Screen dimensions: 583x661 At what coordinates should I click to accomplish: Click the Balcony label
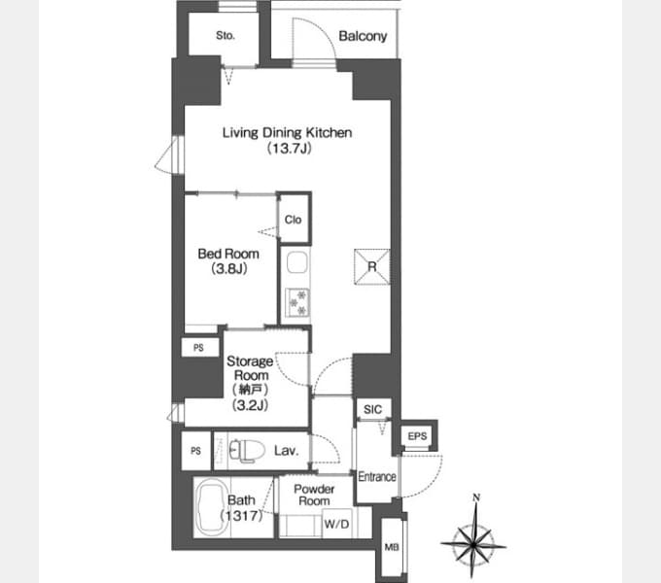click(x=363, y=37)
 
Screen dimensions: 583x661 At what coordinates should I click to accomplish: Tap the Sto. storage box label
click(x=226, y=37)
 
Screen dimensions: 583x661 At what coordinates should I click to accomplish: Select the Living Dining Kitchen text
click(x=287, y=133)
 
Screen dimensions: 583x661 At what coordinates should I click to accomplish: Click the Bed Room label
click(x=228, y=254)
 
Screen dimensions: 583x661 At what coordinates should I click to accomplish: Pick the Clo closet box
click(x=293, y=220)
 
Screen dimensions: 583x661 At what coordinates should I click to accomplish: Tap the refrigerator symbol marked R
click(x=371, y=266)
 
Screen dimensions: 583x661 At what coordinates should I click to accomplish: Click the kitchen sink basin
click(x=296, y=263)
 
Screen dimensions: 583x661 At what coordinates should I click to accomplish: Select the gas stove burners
click(x=296, y=302)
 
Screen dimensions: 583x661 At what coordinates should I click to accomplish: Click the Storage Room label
click(x=250, y=368)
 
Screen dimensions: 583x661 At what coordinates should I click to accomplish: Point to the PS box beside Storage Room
click(x=199, y=347)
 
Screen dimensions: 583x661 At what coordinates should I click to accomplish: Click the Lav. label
click(x=285, y=451)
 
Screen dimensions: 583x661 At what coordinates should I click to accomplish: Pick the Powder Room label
click(x=314, y=495)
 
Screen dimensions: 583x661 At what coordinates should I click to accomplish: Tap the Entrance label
click(x=376, y=476)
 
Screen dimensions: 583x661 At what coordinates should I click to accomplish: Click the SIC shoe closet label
click(x=371, y=410)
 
